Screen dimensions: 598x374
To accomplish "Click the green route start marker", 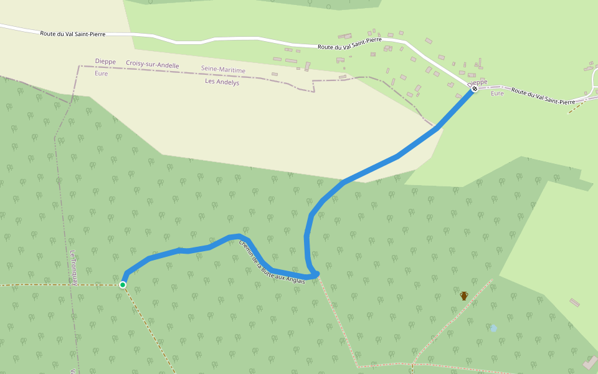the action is pyautogui.click(x=123, y=285).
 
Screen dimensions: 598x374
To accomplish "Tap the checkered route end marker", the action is pyautogui.click(x=474, y=89).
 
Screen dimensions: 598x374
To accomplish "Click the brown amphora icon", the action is pyautogui.click(x=464, y=295).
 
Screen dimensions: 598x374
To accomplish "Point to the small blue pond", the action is pyautogui.click(x=493, y=327).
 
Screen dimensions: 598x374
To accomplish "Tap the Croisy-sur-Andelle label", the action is pyautogui.click(x=153, y=65).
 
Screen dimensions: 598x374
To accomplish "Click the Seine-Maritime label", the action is pyautogui.click(x=223, y=70).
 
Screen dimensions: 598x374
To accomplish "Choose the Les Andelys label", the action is pyautogui.click(x=222, y=81).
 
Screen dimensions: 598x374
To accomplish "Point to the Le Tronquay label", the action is pyautogui.click(x=74, y=268).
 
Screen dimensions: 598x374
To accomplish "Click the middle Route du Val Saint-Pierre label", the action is pyautogui.click(x=349, y=43).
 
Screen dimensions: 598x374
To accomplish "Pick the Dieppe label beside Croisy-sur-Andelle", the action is pyautogui.click(x=105, y=61).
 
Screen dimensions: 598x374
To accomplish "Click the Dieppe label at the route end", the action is pyautogui.click(x=477, y=82).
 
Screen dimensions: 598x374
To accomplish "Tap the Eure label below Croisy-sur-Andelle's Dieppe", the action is pyautogui.click(x=101, y=74).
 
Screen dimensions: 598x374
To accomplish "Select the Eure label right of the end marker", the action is pyautogui.click(x=497, y=93).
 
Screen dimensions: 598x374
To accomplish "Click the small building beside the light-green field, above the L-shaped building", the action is pyautogui.click(x=574, y=302).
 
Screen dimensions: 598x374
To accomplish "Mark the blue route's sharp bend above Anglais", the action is pyautogui.click(x=316, y=274).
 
